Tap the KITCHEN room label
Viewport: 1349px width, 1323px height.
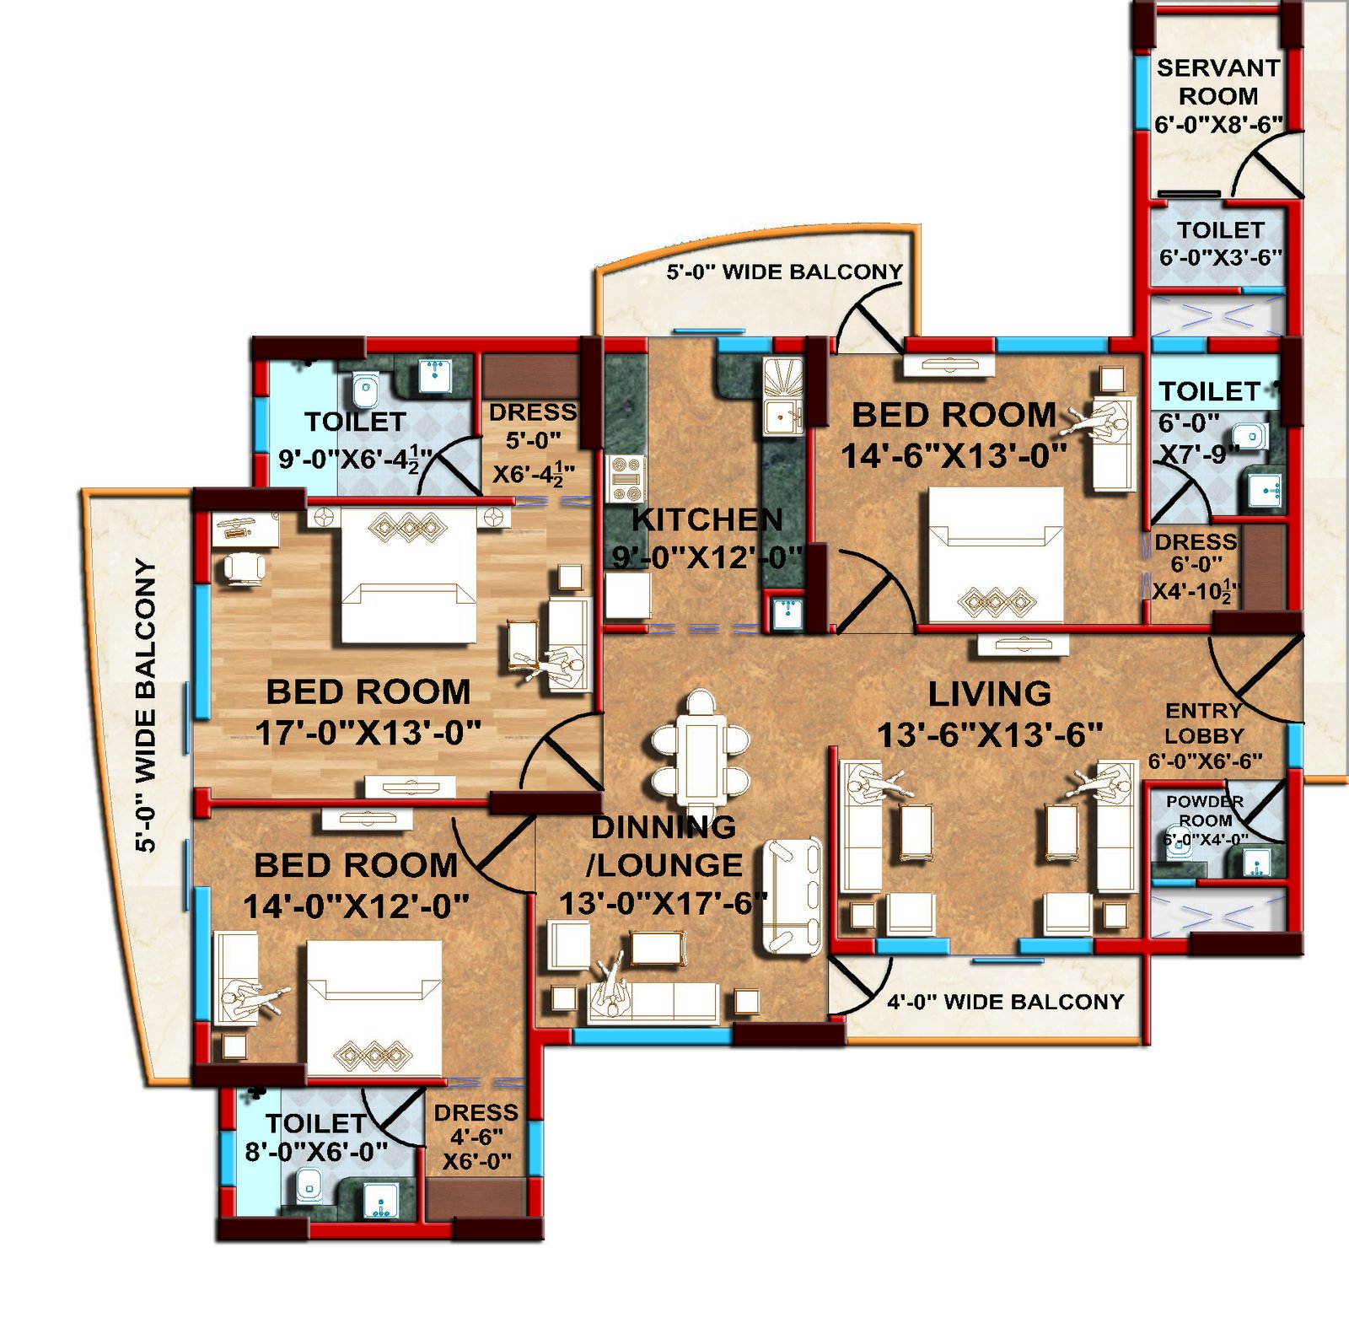(707, 520)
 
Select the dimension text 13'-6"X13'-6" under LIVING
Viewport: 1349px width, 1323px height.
(990, 734)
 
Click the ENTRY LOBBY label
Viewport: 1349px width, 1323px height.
(1204, 723)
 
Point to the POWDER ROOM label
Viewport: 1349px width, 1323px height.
(1205, 810)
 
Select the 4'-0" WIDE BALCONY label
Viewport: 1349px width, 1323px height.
(1005, 1002)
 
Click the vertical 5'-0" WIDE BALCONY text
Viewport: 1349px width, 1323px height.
(146, 704)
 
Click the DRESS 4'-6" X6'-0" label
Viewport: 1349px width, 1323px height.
(476, 1136)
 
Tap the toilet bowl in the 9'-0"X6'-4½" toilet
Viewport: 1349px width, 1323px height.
(365, 390)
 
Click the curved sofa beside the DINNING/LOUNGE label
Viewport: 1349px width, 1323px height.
(792, 896)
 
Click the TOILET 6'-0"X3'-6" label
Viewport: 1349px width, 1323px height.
(1220, 243)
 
